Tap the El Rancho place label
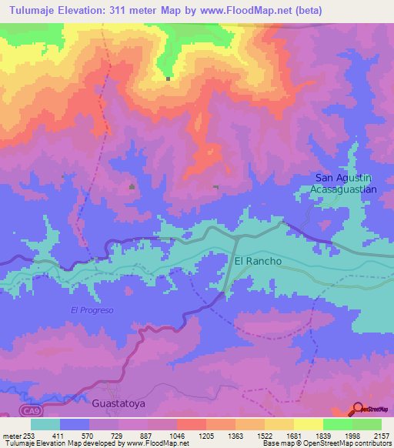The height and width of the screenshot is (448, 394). coord(258,262)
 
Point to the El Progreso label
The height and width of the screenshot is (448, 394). coord(92,310)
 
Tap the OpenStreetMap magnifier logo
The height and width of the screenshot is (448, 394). coord(358,410)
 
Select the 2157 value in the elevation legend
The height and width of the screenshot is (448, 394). coord(380,435)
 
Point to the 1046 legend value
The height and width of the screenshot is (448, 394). coord(176,435)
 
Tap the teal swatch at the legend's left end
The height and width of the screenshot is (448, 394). coord(45,424)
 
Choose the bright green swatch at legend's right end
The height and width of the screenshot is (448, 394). coord(367,424)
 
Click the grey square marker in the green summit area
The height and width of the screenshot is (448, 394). coord(168,78)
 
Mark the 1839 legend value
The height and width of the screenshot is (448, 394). coord(322,435)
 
